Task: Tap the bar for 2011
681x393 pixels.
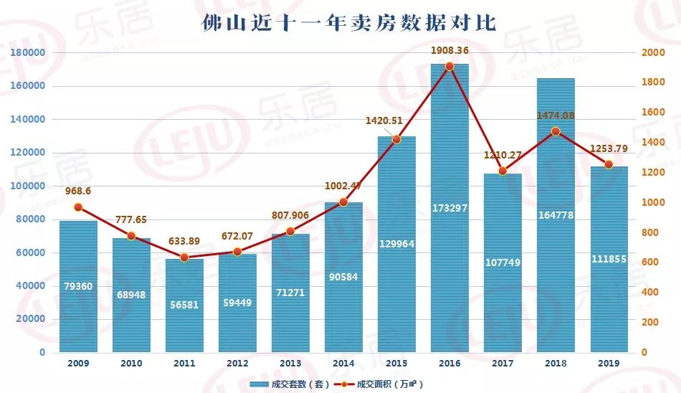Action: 184,305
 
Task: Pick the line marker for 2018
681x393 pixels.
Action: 556,131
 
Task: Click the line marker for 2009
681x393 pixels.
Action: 78,207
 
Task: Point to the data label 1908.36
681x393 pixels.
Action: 449,51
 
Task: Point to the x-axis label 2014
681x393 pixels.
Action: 343,364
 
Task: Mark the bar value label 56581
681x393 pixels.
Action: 184,305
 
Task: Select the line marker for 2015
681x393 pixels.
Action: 396,139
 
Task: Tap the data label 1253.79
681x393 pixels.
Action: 609,149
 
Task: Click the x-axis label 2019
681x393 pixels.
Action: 609,364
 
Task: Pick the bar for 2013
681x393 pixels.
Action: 290,294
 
